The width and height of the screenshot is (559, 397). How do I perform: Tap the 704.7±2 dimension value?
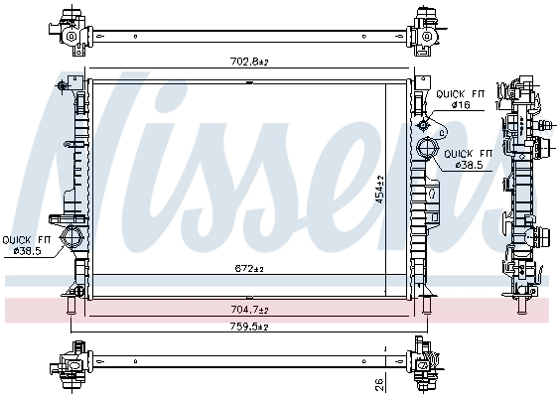click(249, 310)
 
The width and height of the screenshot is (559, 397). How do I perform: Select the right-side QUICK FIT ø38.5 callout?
click(466, 159)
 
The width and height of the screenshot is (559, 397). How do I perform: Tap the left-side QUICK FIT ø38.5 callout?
click(27, 245)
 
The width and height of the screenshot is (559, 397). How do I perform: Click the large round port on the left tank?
click(70, 238)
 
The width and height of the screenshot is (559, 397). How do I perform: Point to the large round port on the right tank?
click(427, 150)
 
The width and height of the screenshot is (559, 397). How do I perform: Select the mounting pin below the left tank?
click(70, 310)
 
